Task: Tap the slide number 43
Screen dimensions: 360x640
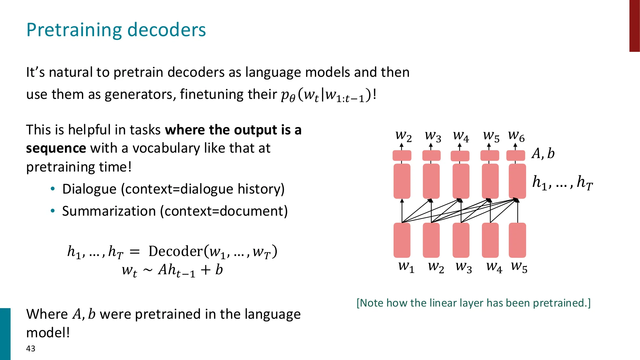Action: point(31,348)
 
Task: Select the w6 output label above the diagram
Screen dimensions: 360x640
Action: point(516,136)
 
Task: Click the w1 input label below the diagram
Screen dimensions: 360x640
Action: point(406,267)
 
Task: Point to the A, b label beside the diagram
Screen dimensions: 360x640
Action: point(543,154)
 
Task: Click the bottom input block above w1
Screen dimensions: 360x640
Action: point(402,240)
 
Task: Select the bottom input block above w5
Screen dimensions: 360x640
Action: point(517,240)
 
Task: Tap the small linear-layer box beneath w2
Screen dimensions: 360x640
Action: point(402,156)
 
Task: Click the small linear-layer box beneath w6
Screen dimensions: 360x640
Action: point(516,156)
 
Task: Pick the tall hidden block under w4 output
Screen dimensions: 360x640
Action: point(461,181)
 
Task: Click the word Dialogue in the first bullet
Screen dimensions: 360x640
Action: point(89,189)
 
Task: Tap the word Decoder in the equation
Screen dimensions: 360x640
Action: point(175,252)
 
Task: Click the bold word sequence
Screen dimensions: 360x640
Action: point(56,148)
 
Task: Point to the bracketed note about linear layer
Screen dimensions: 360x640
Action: point(474,303)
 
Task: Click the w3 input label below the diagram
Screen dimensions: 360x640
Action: point(464,267)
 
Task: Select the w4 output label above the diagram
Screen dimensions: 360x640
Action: point(461,136)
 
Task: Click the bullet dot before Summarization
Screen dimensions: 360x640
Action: point(53,211)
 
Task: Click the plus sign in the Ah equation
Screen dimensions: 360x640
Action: point(205,270)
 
